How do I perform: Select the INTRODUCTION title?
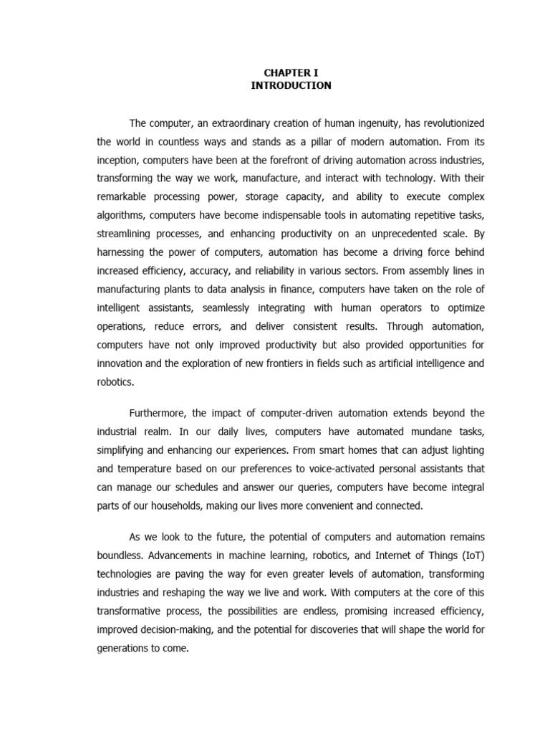pos(291,85)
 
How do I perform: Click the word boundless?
pos(120,555)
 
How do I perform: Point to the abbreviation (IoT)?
pos(469,555)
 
